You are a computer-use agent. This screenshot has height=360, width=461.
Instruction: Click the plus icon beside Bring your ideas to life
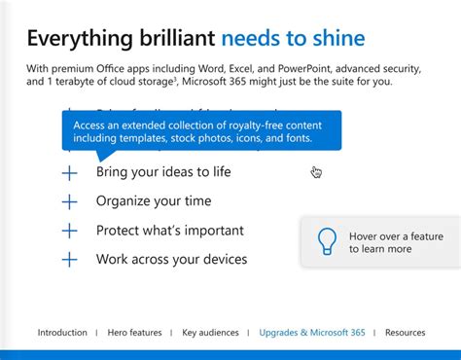tap(69, 173)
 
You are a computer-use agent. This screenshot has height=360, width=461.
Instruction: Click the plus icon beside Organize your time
tap(69, 202)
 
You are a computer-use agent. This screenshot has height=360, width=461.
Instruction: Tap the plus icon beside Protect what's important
tap(69, 232)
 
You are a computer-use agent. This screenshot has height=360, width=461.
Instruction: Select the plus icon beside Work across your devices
tap(69, 260)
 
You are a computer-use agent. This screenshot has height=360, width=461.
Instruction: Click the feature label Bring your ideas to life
tap(163, 172)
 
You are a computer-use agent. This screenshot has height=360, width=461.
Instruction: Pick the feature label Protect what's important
tap(169, 231)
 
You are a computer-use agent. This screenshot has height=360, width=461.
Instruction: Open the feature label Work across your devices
tap(171, 260)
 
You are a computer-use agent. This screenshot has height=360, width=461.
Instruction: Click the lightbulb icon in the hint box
tap(328, 241)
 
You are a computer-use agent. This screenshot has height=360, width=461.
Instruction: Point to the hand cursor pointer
tap(316, 172)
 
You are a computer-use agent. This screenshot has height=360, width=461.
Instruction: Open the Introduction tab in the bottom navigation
tap(62, 333)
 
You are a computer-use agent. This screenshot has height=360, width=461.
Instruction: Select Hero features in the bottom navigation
tap(134, 333)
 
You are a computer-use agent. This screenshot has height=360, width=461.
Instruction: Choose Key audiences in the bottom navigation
tap(210, 333)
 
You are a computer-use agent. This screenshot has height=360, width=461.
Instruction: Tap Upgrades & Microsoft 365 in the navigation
tap(312, 333)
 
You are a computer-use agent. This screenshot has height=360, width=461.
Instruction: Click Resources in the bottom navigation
tap(405, 333)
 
